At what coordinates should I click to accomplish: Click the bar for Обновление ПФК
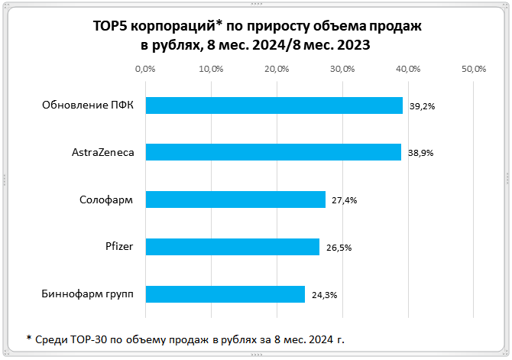tap(274, 105)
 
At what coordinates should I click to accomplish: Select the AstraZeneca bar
tap(273, 152)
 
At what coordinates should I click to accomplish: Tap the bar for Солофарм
tap(235, 199)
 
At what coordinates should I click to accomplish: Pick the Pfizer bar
tap(232, 246)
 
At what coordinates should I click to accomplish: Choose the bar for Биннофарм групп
tap(225, 294)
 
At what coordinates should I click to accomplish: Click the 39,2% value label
tap(422, 106)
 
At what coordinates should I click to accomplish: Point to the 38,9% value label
tap(420, 153)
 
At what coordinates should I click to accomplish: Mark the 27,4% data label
tap(345, 200)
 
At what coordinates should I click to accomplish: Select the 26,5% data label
tap(339, 247)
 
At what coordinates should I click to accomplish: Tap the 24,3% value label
tap(324, 294)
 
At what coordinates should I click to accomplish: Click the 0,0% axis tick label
tap(145, 69)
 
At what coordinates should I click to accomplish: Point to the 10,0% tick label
tap(211, 69)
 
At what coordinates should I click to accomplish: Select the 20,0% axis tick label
tap(277, 69)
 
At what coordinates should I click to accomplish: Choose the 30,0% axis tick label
tap(343, 69)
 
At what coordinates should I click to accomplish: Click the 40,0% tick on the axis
tap(409, 69)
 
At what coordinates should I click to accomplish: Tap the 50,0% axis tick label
tap(475, 69)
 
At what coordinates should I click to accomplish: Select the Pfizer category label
tap(120, 247)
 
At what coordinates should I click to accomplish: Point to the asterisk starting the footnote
tap(28, 337)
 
